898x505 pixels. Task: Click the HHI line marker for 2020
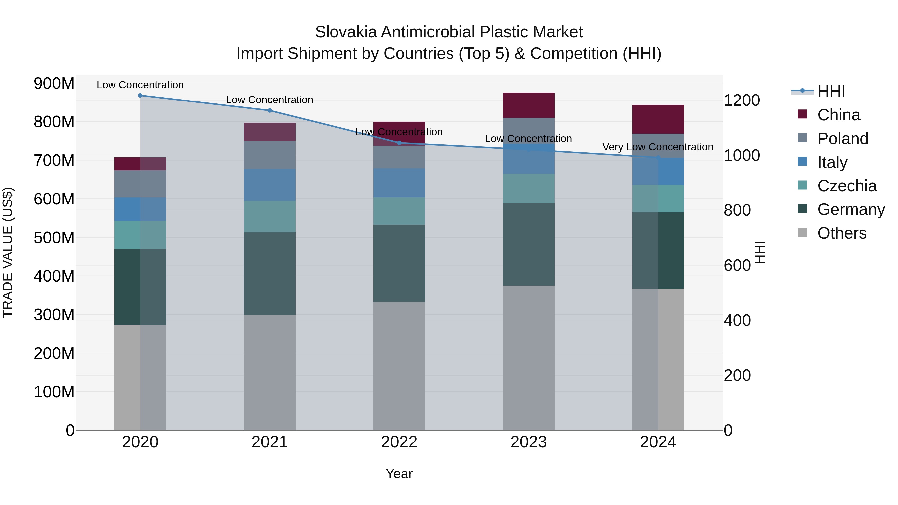[x=140, y=95]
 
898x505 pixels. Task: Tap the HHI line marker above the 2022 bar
[x=399, y=143]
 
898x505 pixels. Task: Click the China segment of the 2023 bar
[x=529, y=105]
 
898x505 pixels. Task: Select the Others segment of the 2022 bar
[x=399, y=366]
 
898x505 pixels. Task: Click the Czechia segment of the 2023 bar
[x=529, y=188]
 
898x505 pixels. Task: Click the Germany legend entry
[x=851, y=210]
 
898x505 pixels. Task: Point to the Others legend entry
[x=842, y=233]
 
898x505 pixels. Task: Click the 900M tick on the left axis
[x=54, y=84]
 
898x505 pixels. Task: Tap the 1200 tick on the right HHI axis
[x=742, y=100]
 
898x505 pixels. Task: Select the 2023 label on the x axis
[x=529, y=442]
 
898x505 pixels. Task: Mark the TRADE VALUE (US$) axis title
[x=8, y=252]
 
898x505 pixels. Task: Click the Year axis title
[x=399, y=474]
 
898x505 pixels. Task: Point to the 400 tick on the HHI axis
[x=737, y=321]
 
